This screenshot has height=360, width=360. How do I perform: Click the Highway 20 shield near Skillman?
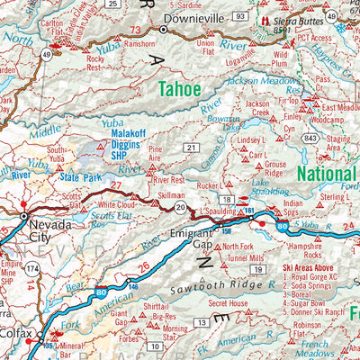182,208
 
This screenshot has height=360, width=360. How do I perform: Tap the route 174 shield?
31,269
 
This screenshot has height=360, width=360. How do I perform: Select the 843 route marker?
310,138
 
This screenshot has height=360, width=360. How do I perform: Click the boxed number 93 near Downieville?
239,16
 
